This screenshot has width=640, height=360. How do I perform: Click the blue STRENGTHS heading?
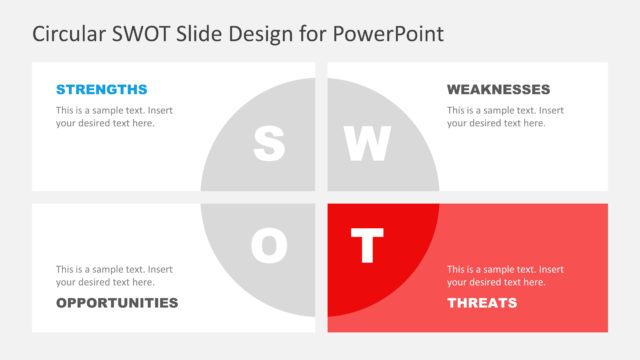[x=101, y=89]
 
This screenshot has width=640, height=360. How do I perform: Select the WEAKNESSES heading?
[x=498, y=89]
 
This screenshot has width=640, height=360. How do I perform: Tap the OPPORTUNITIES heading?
[x=117, y=302]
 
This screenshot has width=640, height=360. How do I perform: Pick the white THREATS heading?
[x=482, y=302]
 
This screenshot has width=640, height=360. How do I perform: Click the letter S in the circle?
[x=268, y=144]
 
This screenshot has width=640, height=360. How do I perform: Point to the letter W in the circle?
[x=367, y=144]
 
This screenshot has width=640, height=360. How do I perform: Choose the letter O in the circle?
[x=268, y=246]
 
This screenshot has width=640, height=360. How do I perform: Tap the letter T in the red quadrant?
[x=367, y=246]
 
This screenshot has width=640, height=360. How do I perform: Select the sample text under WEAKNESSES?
[x=505, y=116]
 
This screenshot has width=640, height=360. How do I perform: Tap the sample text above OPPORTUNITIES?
[x=114, y=275]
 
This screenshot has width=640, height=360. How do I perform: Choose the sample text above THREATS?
[x=505, y=275]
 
